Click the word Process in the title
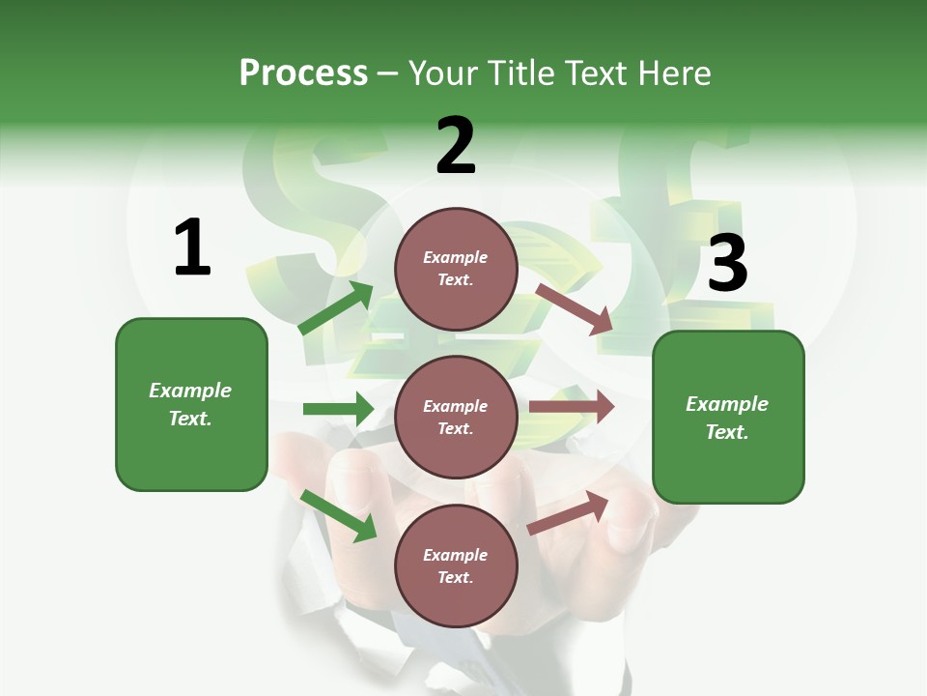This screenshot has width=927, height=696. tap(303, 73)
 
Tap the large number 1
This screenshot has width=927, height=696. tap(192, 248)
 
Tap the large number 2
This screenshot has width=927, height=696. tap(456, 146)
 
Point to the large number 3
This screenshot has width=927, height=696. tap(727, 264)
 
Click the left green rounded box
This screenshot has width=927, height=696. tap(191, 404)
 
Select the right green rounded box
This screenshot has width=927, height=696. tap(728, 418)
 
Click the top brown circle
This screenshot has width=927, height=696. tap(456, 269)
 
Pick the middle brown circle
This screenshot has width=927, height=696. tap(456, 417)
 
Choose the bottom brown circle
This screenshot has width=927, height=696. tap(456, 565)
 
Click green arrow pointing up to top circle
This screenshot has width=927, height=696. tap(336, 307)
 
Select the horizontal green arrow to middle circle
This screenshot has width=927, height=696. tap(338, 409)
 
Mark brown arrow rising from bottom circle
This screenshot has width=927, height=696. tap(568, 512)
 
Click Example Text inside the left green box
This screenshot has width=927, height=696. tap(190, 404)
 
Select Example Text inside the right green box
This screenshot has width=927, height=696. tap(727, 418)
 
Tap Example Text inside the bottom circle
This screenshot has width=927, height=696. tap(456, 565)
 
